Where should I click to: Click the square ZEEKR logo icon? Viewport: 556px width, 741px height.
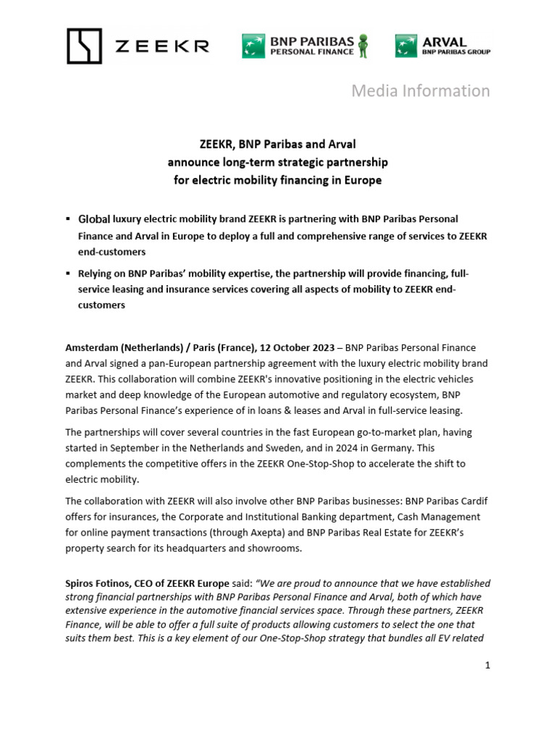(x=84, y=46)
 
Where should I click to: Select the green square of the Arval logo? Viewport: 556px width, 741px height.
(x=405, y=46)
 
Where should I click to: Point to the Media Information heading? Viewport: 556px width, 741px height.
(x=420, y=90)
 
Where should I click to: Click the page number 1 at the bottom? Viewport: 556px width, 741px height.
(x=488, y=665)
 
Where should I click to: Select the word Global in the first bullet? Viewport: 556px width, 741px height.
(x=93, y=219)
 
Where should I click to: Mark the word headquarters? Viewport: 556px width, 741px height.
(x=196, y=548)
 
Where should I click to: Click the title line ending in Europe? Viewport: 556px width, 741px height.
(x=277, y=180)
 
